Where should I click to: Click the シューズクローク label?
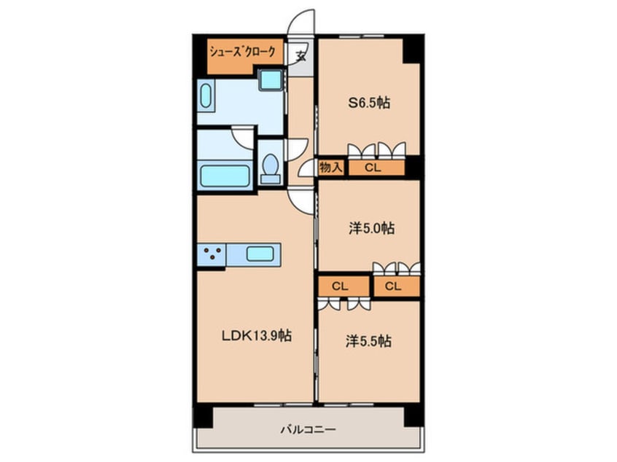tap(242, 52)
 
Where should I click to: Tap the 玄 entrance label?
tap(300, 56)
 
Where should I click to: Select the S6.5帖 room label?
tap(369, 103)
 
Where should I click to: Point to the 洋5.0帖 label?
tap(371, 228)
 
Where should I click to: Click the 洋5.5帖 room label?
tap(369, 341)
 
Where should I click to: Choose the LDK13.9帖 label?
tap(257, 335)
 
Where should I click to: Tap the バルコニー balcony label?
tap(308, 429)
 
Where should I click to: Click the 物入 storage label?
tap(331, 168)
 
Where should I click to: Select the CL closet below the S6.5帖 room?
tap(376, 168)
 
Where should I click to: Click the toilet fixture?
tap(271, 167)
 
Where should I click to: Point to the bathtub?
tap(225, 176)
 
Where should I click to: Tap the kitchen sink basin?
tap(260, 254)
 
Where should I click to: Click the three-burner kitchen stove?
tap(212, 254)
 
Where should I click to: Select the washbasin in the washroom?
tap(206, 96)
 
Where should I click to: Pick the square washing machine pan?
tap(271, 80)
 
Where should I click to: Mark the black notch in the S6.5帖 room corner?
tap(411, 51)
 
